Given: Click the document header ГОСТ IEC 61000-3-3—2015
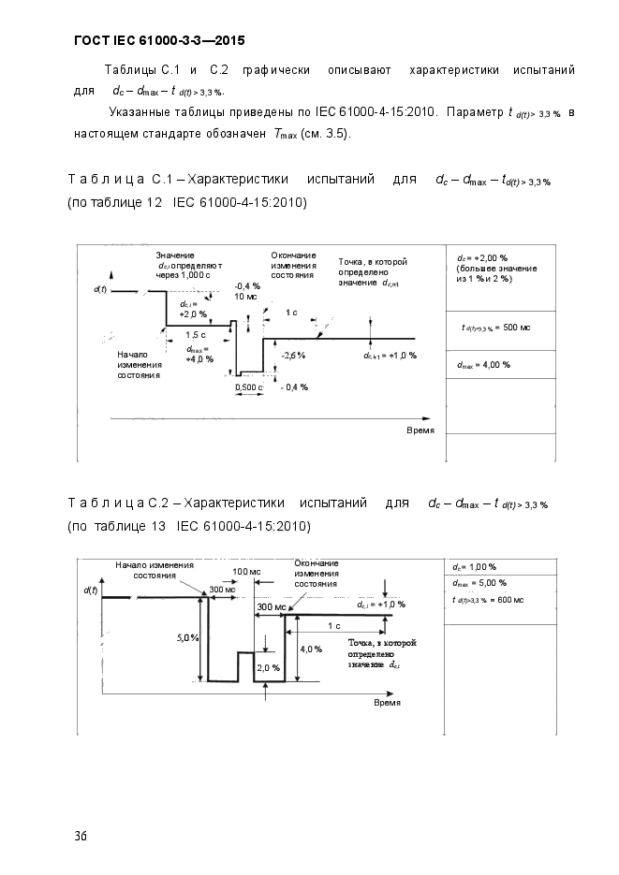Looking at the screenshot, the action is coord(159,41).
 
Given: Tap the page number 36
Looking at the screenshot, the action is coord(81,836).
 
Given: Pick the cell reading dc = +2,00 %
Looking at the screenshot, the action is coord(501,278).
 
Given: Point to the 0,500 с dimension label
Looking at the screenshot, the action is coord(248,387).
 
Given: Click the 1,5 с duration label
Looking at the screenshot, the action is coord(196,335).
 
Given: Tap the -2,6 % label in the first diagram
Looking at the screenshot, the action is coord(293,356).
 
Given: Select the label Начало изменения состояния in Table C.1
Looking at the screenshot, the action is coord(140,365).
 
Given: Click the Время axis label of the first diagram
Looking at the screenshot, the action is coord(420,430).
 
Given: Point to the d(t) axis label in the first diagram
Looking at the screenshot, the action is coord(100,290).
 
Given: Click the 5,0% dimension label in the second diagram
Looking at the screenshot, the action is coord(187,638).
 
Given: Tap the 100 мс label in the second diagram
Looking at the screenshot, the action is coord(246,572).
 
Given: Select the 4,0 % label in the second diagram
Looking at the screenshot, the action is coord(311,649).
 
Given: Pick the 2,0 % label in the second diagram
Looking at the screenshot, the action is coord(269,667).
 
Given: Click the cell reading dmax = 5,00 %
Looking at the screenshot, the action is coord(479,583).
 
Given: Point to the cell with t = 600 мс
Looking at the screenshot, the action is coord(488,600).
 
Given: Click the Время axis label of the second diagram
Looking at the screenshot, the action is coord(388,703).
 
